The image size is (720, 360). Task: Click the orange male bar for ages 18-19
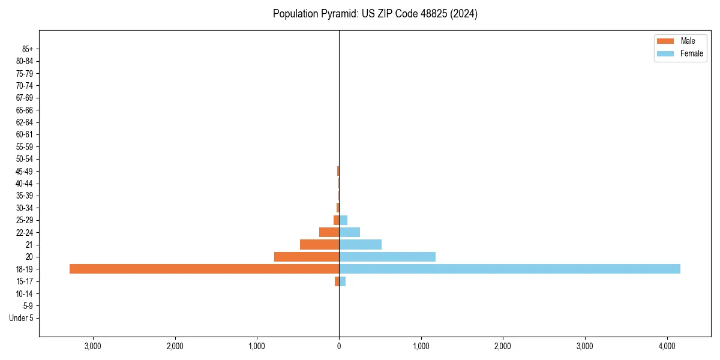[x=204, y=269]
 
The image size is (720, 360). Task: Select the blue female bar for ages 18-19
[x=509, y=269]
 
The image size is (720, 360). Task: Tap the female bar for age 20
[x=387, y=257]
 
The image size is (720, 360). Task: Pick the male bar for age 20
[x=307, y=257]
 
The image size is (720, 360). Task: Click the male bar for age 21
[x=319, y=245]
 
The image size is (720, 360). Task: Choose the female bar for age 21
[x=360, y=245]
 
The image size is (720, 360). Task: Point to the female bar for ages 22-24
[x=349, y=232]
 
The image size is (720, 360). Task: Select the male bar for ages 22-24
[x=329, y=232]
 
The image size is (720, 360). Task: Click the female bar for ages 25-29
[x=343, y=220]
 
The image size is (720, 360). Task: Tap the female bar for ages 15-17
[x=343, y=281]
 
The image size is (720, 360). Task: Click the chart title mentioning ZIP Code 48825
[x=375, y=14]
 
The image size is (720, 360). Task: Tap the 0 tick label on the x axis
[x=339, y=346]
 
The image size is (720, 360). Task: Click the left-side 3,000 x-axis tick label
[x=93, y=346]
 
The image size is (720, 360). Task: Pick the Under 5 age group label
[x=22, y=318]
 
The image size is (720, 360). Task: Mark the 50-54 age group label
[x=25, y=159]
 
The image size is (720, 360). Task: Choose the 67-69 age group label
[x=25, y=98]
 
